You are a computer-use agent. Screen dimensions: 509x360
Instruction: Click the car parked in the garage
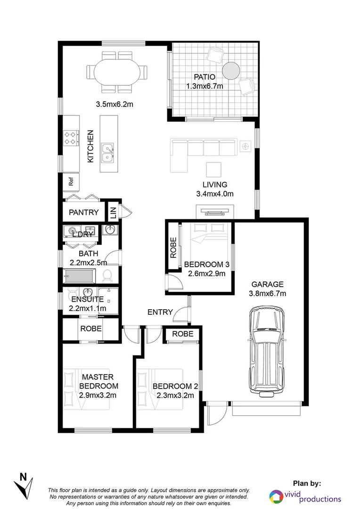[268, 351]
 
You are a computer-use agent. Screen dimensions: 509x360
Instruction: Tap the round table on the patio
[231, 71]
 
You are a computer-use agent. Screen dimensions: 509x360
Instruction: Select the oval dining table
[116, 73]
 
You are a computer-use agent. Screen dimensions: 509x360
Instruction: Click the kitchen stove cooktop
[71, 137]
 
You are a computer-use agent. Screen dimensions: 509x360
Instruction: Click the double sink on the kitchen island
[108, 152]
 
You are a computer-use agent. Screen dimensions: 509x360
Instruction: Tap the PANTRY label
[84, 212]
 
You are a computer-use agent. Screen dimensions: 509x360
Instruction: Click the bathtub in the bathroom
[79, 275]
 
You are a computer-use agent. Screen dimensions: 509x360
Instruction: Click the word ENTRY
[159, 312]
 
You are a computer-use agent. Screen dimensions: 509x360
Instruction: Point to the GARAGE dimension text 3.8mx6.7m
[267, 293]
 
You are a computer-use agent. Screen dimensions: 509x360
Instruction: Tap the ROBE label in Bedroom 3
[173, 247]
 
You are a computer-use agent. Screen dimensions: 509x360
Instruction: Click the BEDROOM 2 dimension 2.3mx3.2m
[175, 395]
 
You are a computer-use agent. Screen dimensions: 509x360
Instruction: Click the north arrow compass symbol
[25, 484]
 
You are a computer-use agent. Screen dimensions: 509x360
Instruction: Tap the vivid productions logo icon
[277, 496]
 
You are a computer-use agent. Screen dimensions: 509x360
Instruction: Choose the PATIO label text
[204, 77]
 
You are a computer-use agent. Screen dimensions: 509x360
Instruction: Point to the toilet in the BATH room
[106, 275]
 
